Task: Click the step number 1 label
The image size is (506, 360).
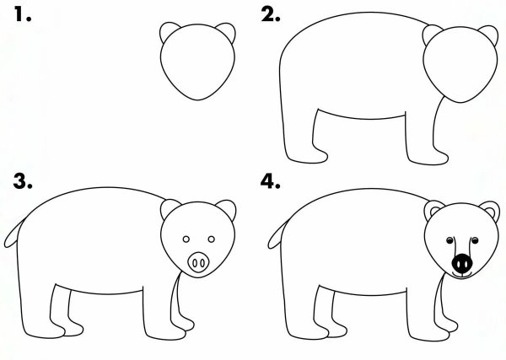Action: pyautogui.click(x=19, y=14)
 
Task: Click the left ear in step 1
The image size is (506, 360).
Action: pyautogui.click(x=167, y=32)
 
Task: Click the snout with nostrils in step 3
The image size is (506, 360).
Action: pyautogui.click(x=199, y=261)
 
